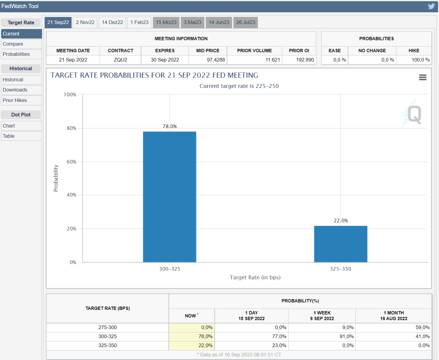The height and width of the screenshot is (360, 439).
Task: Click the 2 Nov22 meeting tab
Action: (84, 22)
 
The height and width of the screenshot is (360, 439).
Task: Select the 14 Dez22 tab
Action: (112, 22)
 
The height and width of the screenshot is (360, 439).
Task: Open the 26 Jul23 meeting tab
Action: (245, 22)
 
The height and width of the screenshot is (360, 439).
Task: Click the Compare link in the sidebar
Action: (13, 44)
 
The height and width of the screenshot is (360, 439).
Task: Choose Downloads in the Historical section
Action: (15, 90)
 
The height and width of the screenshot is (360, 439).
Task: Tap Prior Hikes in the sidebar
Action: (15, 100)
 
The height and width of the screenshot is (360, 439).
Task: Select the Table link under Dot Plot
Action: (9, 136)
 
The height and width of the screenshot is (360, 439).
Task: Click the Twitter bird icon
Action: (431, 6)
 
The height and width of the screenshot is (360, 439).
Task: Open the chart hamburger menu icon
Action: (423, 77)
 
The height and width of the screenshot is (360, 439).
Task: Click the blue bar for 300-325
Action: (169, 197)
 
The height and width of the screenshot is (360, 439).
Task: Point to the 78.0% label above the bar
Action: (169, 126)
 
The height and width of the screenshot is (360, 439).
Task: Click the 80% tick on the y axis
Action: (70, 128)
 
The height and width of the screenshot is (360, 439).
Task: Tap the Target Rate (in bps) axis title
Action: (255, 277)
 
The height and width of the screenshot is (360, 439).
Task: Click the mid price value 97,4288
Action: (207, 60)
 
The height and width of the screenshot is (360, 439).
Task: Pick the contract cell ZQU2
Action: (120, 60)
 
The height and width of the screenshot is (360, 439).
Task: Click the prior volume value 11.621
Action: (272, 60)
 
